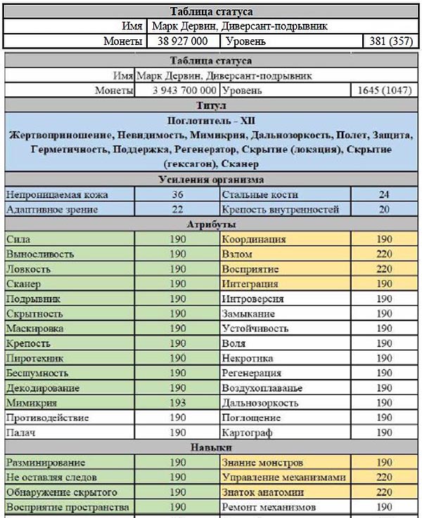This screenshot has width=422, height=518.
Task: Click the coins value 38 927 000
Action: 182,41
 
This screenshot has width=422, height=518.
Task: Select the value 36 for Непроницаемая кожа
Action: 177,195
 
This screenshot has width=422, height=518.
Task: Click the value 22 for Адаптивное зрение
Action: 177,209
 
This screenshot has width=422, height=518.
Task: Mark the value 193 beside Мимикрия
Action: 177,403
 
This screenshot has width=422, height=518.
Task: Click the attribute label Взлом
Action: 237,254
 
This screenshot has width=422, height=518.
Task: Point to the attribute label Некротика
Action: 247,358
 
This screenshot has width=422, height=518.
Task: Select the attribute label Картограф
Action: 246,432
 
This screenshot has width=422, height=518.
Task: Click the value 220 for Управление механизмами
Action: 384,477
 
